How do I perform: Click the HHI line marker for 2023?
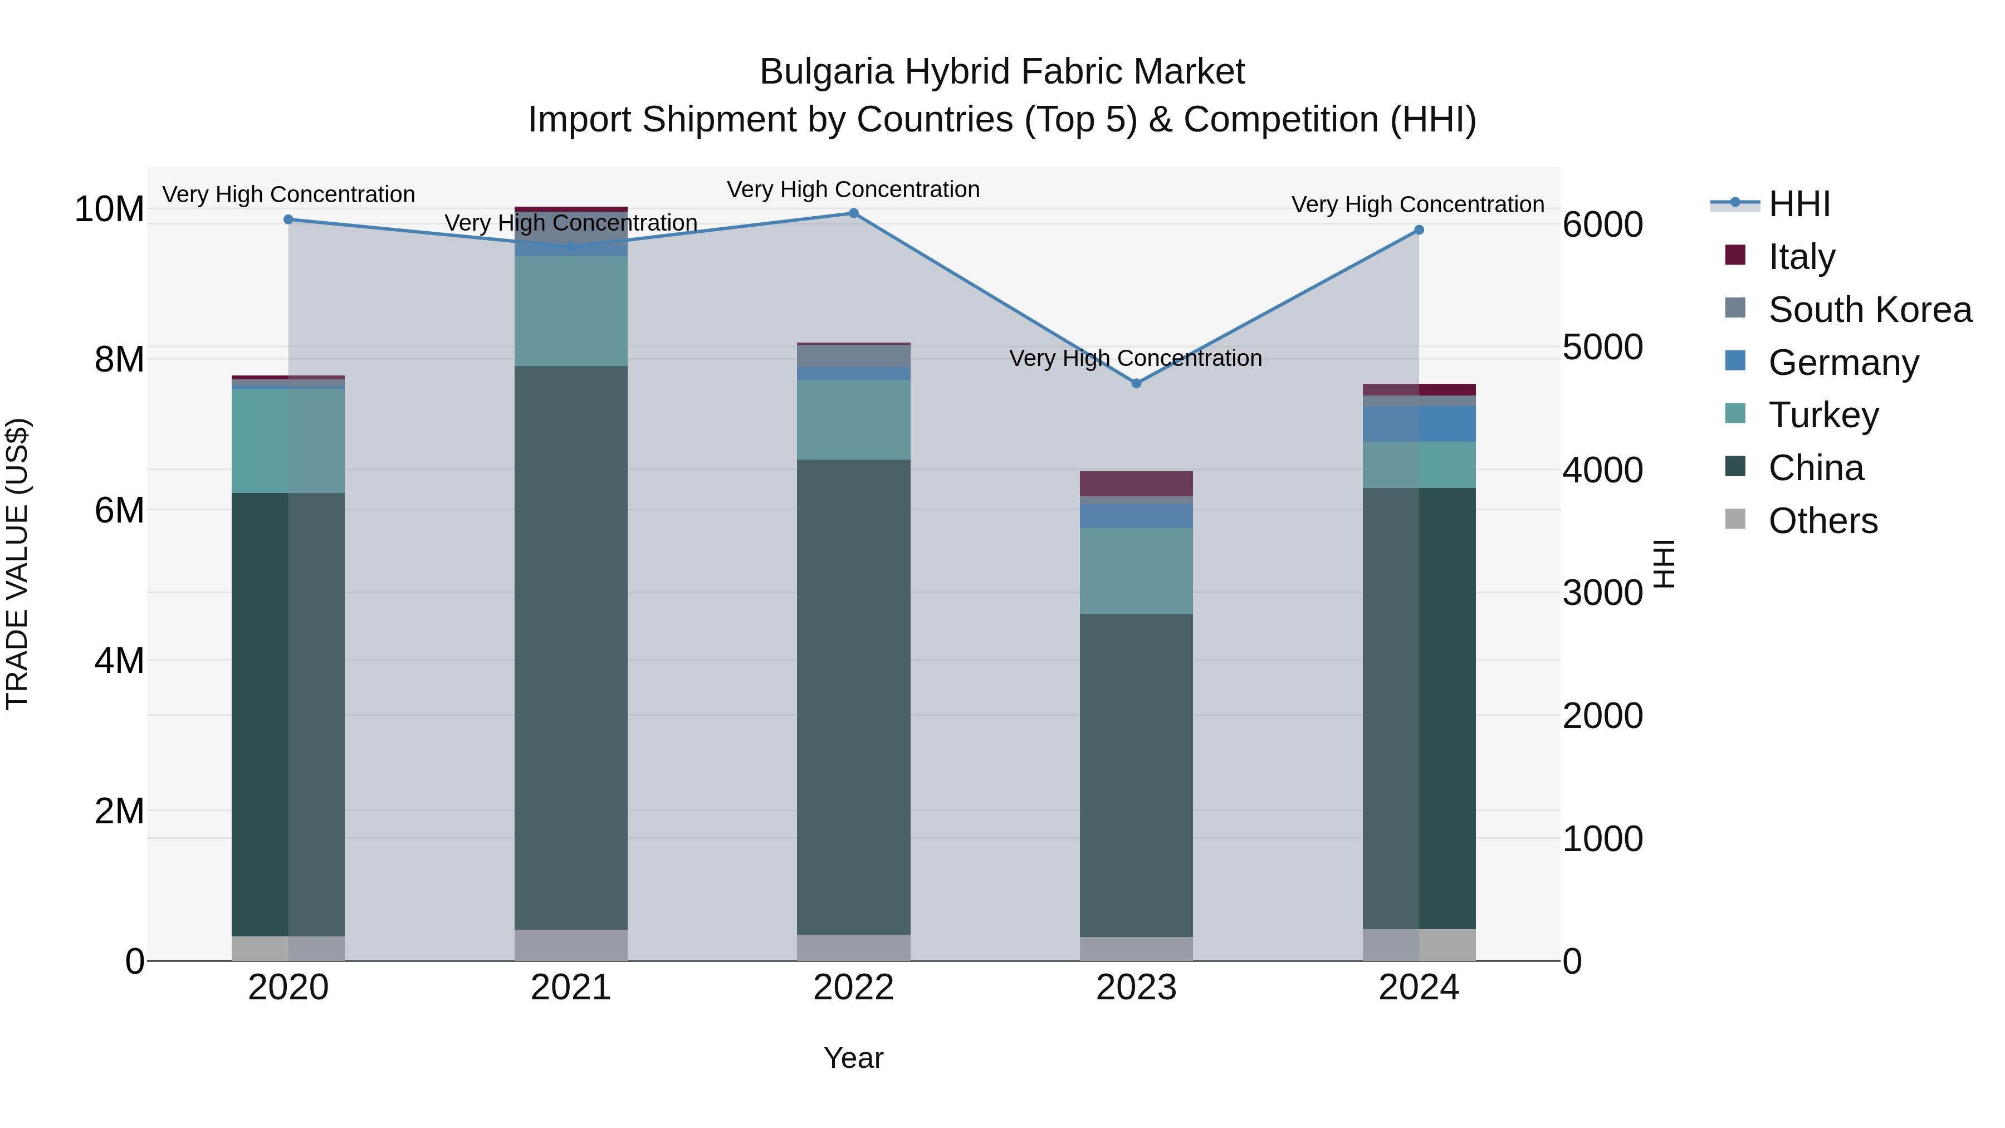[x=1136, y=383]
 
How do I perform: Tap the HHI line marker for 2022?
[x=853, y=213]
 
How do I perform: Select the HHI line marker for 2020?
[x=288, y=219]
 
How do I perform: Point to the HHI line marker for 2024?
[x=1419, y=229]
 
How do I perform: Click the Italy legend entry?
[x=1801, y=257]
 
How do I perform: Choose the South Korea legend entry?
[x=1870, y=310]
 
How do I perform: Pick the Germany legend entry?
[x=1843, y=363]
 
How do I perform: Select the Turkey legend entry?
[x=1823, y=415]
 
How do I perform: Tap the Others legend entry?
[x=1822, y=521]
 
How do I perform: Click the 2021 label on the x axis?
[x=570, y=988]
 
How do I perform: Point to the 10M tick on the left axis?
[x=109, y=209]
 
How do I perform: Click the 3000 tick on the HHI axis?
[x=1602, y=593]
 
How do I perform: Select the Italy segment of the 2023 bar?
[x=1136, y=484]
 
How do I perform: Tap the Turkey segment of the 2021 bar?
[x=570, y=311]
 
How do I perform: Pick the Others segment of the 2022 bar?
[x=853, y=948]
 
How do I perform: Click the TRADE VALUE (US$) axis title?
[x=17, y=564]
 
